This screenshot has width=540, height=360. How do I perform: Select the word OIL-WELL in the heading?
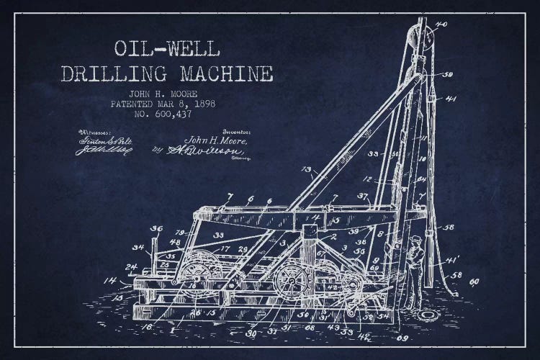(168, 49)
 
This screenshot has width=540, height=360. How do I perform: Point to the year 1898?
(202, 104)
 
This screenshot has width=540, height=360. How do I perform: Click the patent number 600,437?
(171, 114)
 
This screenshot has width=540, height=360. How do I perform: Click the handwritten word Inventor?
(235, 132)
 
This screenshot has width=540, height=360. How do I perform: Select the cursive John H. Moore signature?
(217, 141)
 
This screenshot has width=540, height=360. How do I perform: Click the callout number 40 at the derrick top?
(441, 24)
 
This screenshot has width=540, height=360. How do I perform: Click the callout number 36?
(156, 229)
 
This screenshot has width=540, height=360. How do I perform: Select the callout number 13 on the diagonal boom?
(306, 171)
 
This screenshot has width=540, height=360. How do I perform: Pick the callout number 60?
(474, 282)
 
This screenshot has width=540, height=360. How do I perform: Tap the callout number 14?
(109, 279)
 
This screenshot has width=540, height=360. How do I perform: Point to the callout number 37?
(362, 196)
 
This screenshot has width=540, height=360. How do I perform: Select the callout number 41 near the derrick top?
(451, 99)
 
